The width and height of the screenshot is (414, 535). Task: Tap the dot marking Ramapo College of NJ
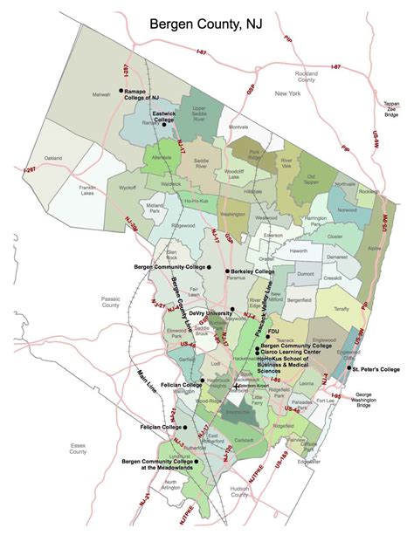(x=121, y=90)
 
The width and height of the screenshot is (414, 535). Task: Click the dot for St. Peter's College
(x=348, y=368)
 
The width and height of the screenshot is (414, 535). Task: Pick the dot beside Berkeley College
(x=227, y=271)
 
